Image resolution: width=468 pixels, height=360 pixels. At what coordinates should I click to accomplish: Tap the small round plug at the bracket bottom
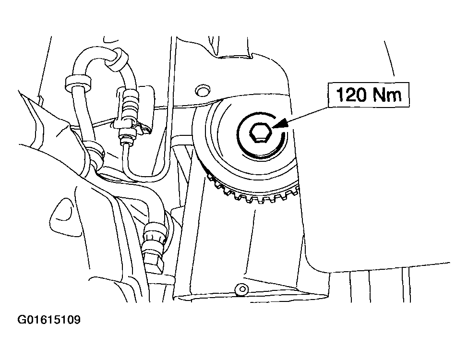[x=240, y=289]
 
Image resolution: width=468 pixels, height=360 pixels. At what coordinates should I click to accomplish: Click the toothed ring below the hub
[x=250, y=194]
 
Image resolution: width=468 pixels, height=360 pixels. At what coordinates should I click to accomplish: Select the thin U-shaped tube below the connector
[x=144, y=168]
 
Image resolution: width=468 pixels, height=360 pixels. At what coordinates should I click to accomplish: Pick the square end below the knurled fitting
[x=156, y=263]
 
